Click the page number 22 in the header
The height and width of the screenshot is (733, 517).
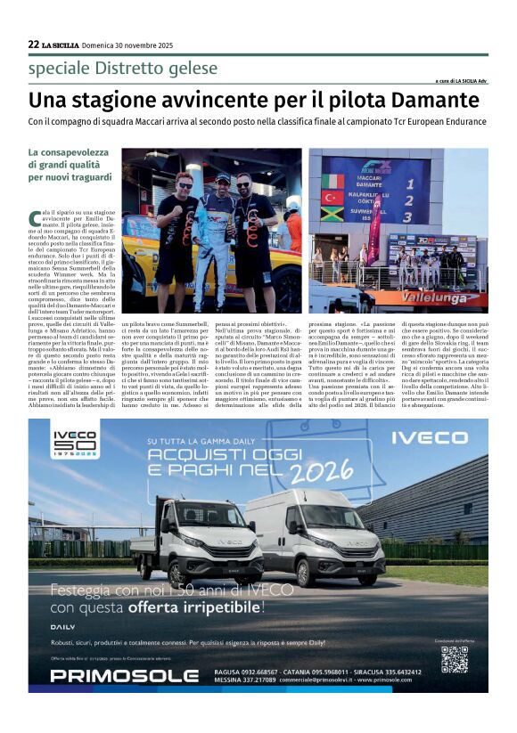33,45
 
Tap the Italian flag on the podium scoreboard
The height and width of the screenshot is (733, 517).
333,182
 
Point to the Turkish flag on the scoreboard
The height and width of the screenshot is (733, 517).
333,198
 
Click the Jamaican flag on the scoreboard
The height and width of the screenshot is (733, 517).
333,214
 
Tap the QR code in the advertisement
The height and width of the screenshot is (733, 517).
454,658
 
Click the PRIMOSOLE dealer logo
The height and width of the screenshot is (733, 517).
111,675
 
